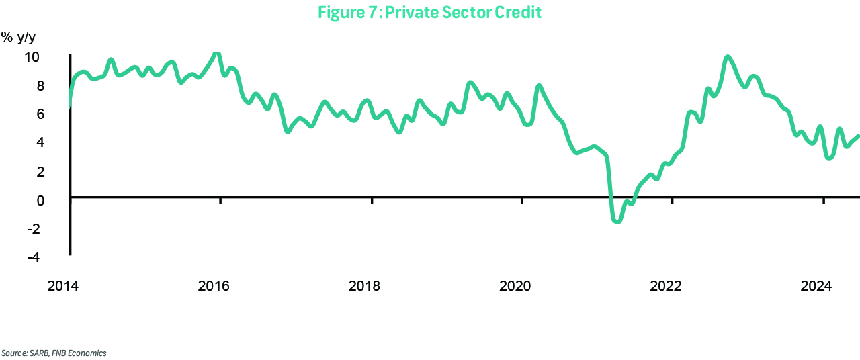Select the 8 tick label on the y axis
(40, 85)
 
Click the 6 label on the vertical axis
(40, 114)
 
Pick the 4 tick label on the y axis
(40, 142)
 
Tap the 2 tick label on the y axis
(40, 171)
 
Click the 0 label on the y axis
(40, 200)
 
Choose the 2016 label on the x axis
(214, 286)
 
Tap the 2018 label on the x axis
(364, 286)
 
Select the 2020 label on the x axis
(515, 286)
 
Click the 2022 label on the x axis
(666, 286)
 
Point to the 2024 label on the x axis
(817, 286)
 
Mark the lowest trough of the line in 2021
(617, 220)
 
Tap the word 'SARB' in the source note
(33, 353)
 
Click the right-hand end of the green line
(858, 136)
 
